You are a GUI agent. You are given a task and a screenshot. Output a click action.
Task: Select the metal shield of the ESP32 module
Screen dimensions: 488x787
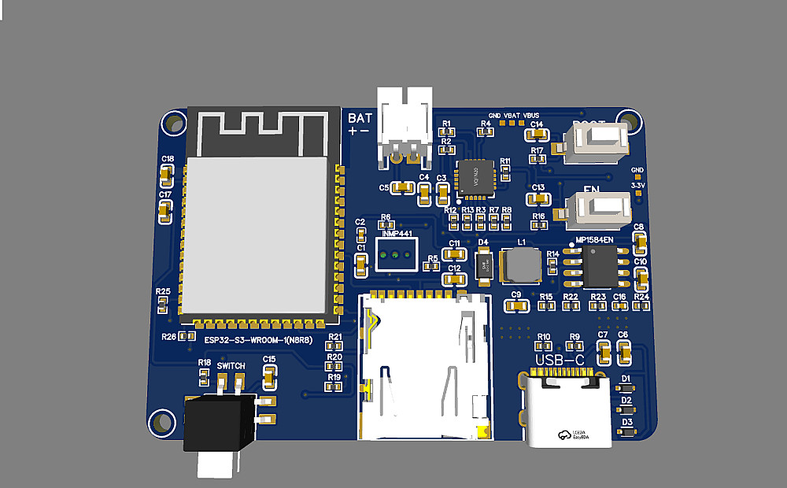[256, 234]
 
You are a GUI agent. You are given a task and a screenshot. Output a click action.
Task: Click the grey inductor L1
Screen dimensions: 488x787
[521, 265]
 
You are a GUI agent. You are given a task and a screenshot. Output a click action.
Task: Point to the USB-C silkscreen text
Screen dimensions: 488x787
[560, 360]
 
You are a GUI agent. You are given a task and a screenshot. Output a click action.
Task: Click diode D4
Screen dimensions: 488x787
[484, 264]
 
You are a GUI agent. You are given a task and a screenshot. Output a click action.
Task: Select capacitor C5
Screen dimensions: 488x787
[403, 187]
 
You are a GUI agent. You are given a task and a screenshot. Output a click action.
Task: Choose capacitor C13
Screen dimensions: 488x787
[538, 198]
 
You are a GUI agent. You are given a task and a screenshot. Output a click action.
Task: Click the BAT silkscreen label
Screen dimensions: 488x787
[360, 118]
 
